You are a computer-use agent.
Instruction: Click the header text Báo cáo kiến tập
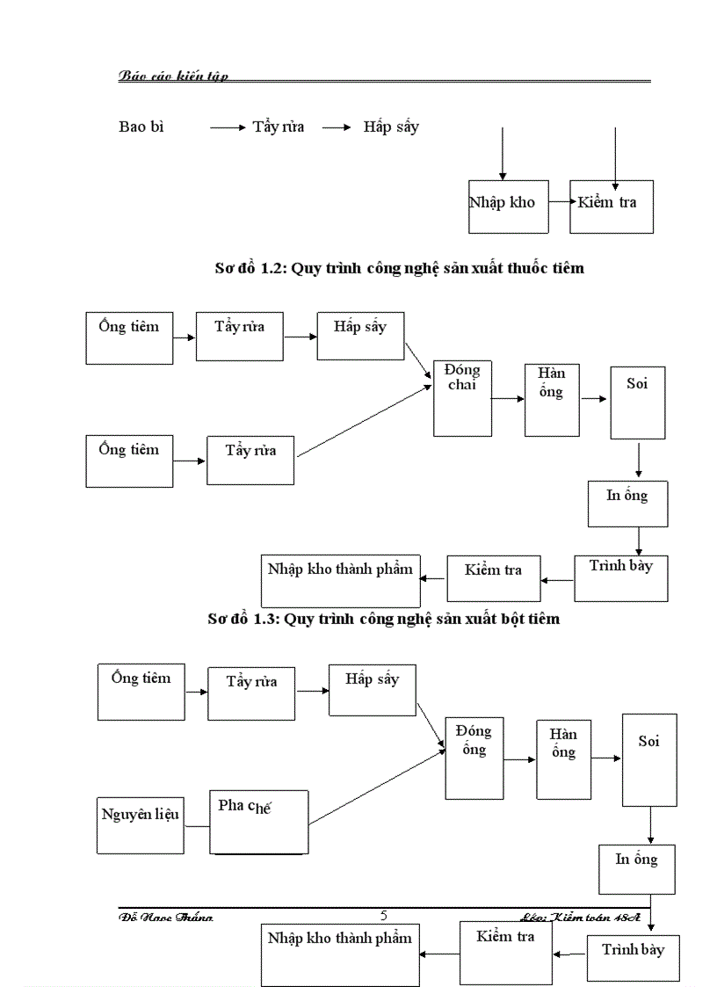[173, 76]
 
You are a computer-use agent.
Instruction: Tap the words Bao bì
[141, 127]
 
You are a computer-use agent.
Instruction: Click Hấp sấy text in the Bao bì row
[391, 127]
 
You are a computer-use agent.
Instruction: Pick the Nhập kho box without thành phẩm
[502, 207]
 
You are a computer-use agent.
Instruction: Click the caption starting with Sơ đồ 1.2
[399, 268]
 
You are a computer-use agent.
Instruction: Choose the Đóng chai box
[462, 398]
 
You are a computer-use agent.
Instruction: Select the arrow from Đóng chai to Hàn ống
[508, 398]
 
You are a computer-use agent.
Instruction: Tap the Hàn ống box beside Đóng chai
[552, 399]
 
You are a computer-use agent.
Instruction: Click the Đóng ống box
[474, 758]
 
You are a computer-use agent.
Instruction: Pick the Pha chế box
[259, 822]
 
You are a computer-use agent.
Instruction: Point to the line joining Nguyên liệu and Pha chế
[197, 826]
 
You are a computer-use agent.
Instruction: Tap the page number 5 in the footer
[383, 916]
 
